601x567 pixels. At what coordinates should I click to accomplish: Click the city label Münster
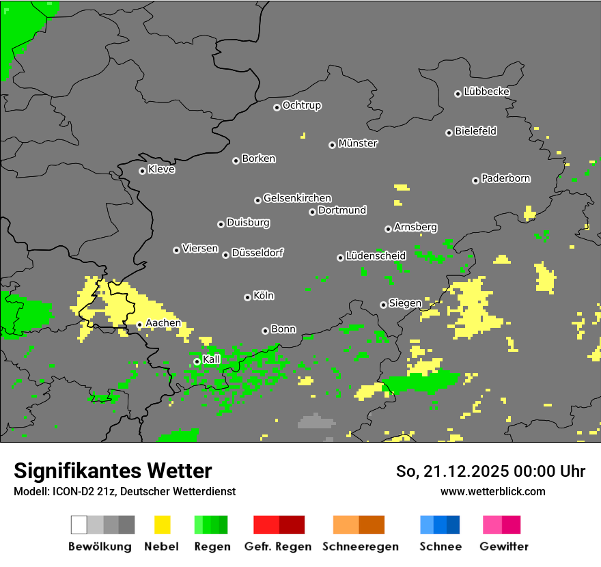point(358,143)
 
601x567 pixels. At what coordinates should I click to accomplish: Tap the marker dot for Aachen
point(139,325)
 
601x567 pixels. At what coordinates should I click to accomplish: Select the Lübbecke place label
point(486,92)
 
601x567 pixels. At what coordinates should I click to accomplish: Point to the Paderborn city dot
point(475,180)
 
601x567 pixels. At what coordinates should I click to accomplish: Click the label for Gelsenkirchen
point(297,198)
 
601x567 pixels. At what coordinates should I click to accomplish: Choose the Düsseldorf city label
point(257,253)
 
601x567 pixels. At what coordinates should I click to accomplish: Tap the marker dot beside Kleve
point(142,171)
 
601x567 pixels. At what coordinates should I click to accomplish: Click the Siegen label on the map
point(405,303)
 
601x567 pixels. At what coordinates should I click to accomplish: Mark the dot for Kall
point(197,361)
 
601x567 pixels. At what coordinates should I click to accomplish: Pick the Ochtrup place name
point(302,105)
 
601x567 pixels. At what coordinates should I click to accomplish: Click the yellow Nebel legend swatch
point(162,525)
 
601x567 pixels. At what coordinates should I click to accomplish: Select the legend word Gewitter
point(503,547)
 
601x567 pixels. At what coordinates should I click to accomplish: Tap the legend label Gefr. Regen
point(278,547)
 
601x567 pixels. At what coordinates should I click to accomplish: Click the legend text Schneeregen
point(359,547)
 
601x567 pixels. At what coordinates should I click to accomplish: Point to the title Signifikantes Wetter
point(113,471)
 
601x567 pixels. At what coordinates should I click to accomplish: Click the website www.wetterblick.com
point(492,491)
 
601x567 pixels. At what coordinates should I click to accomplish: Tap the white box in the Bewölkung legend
point(79,525)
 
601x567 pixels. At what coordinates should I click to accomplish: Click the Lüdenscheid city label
point(376,255)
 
